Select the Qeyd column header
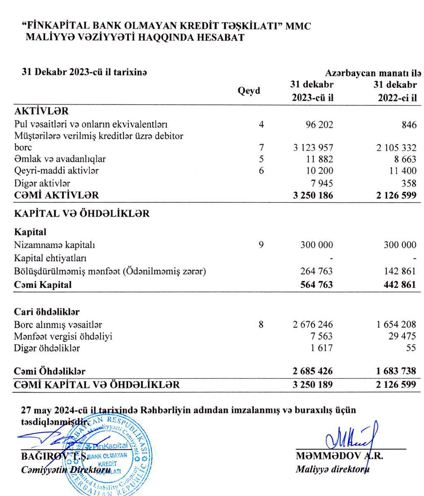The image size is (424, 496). coord(250,91)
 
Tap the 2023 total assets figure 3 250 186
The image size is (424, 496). coord(312,195)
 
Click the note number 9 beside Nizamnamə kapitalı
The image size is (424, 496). coord(261,245)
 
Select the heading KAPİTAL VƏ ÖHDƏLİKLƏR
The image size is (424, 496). coord(81,213)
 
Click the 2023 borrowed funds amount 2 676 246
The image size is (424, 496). coord(312,325)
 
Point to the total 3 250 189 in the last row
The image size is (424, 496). coord(312,385)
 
